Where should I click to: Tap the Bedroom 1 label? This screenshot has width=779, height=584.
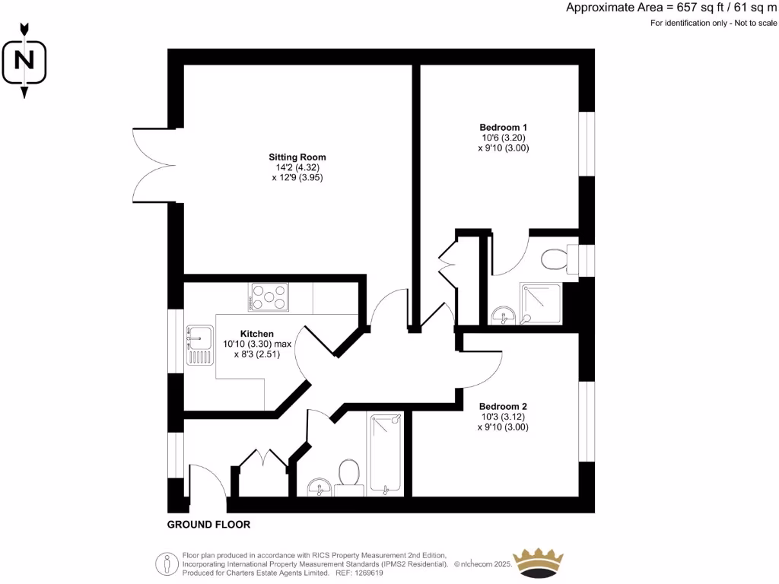503,127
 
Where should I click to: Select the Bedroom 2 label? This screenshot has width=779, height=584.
503,406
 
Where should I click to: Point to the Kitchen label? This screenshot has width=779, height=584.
256,334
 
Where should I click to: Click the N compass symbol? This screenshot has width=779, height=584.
24,59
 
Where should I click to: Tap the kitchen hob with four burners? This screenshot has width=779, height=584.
270,297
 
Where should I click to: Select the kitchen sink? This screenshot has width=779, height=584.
200,344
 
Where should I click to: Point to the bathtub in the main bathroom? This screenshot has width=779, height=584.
385,454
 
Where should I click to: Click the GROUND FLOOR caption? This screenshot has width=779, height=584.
208,525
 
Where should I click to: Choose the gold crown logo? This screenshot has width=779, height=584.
539,563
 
